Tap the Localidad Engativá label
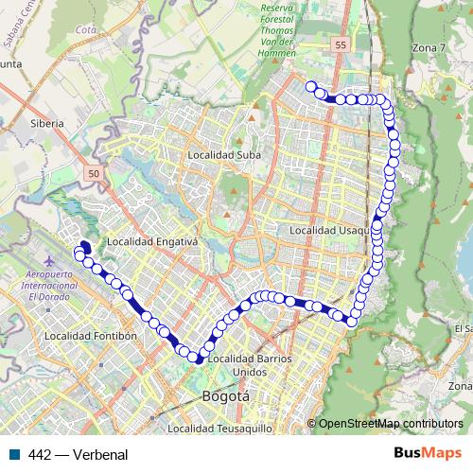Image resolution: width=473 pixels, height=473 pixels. (151, 241)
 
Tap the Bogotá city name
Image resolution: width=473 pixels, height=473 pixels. (226, 396)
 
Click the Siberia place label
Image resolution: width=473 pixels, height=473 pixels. (46, 123)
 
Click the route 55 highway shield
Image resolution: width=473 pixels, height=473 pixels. (341, 44)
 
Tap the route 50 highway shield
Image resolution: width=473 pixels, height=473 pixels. (93, 173)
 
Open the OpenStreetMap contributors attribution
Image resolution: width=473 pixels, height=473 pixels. (390, 424)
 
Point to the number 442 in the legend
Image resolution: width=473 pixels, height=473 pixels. (40, 454)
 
